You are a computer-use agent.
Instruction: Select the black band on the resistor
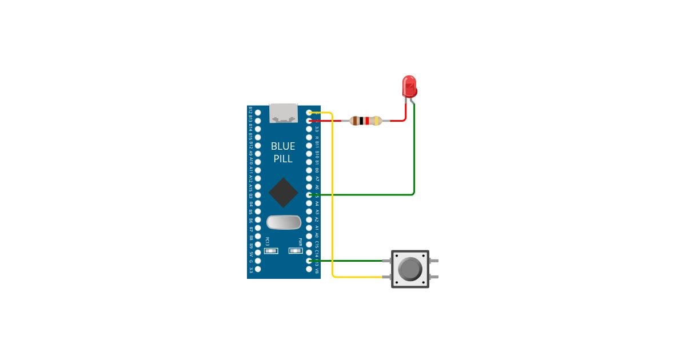[361, 121]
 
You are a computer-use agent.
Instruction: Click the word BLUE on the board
[283, 146]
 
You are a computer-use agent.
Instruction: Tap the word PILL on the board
[283, 159]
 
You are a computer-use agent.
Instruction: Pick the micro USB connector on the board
[284, 113]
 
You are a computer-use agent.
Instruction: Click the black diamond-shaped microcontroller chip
[284, 193]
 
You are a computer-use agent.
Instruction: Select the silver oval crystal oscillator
[284, 221]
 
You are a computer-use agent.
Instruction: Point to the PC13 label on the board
[267, 241]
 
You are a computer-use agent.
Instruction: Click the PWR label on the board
[299, 241]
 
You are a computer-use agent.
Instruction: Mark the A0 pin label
[317, 235]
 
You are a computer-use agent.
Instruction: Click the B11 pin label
[317, 146]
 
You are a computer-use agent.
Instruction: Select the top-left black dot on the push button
[396, 255]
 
